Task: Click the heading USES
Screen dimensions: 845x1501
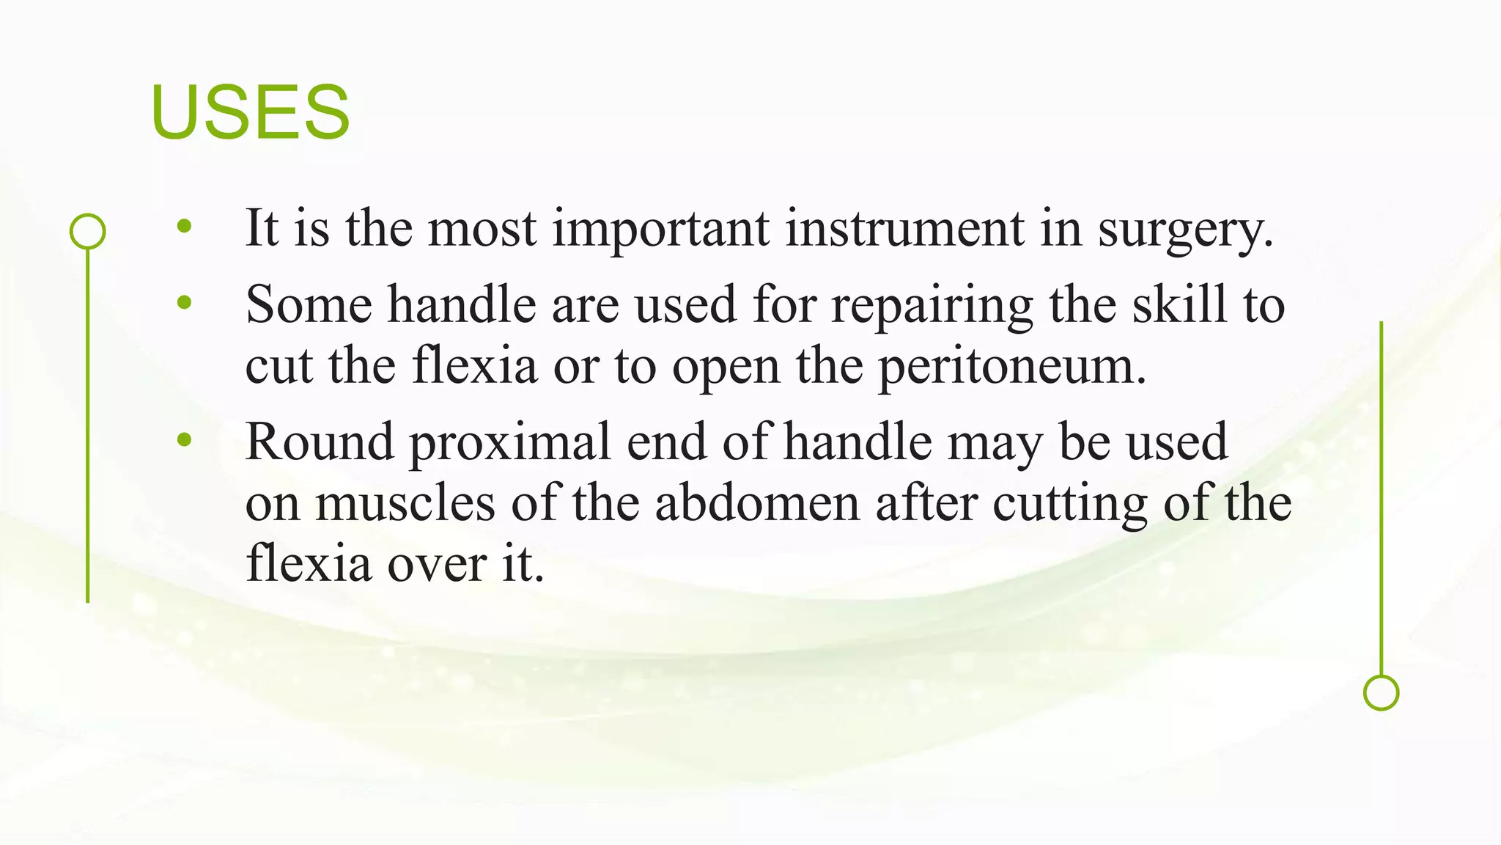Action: coord(250,112)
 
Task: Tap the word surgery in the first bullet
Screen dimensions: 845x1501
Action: coord(1184,229)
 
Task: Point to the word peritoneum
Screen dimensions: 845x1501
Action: coord(1011,367)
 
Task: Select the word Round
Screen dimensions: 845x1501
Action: coord(320,442)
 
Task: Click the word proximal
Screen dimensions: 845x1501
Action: coord(509,443)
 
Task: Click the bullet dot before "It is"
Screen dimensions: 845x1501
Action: coord(184,227)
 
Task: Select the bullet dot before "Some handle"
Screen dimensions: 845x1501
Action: coord(184,302)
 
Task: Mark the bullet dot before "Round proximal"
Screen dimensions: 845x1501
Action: coord(184,440)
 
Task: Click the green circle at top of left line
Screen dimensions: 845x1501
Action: coord(88,232)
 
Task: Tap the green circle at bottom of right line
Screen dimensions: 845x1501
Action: coord(1381,692)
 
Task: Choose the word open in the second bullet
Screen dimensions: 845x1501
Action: coord(726,367)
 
